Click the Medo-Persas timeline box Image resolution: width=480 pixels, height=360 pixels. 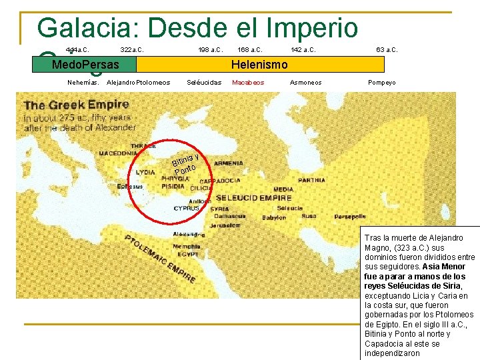[x=85, y=65]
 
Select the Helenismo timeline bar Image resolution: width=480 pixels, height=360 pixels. [x=260, y=65]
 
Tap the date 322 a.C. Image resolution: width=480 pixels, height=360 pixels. [x=132, y=49]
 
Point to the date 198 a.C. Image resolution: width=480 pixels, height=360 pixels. [x=210, y=49]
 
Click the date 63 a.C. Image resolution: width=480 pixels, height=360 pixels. [x=387, y=49]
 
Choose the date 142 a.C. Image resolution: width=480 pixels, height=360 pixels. [x=304, y=49]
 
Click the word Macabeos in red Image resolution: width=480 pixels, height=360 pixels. [x=248, y=83]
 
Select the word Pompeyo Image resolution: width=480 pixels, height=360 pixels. [x=382, y=83]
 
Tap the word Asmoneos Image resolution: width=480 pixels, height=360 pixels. [x=306, y=83]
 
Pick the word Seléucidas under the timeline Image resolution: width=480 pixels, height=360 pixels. [x=204, y=83]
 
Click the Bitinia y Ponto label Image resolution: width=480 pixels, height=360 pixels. [x=185, y=162]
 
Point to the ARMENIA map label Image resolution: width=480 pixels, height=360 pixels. [x=229, y=163]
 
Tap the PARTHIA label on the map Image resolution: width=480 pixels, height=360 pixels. [x=311, y=180]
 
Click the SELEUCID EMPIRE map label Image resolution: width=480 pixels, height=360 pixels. [x=253, y=198]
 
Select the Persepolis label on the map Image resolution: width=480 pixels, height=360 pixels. [x=350, y=217]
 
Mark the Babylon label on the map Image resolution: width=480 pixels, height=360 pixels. [x=274, y=218]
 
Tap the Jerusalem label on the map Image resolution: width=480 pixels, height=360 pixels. [x=225, y=226]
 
